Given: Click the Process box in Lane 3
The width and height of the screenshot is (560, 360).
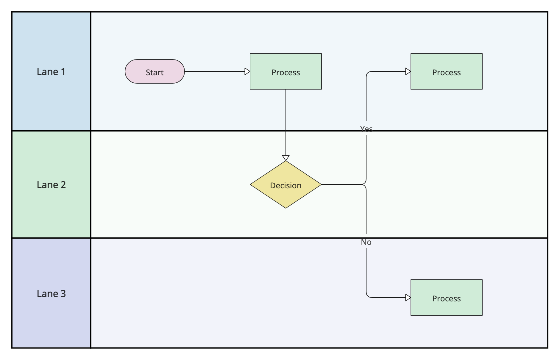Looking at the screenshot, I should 447,298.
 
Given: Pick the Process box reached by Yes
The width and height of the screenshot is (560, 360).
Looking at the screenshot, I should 447,71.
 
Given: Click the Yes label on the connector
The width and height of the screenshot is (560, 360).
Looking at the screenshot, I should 366,129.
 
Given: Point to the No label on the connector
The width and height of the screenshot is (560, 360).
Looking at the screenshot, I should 366,242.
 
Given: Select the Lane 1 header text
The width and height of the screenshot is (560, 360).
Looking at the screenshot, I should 51,72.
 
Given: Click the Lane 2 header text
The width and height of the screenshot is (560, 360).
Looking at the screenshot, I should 51,185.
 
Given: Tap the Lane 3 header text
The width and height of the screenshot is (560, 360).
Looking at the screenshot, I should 51,294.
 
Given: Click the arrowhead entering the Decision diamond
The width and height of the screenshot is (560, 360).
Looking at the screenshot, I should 286,158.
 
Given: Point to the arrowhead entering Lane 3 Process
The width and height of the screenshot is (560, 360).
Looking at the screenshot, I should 408,298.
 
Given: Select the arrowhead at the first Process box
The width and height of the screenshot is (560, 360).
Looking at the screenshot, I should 247,71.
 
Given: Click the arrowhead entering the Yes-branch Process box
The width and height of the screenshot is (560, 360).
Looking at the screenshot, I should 408,71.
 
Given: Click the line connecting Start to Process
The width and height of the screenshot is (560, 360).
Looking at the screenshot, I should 214,71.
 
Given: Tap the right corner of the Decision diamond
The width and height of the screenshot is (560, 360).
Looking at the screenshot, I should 321,184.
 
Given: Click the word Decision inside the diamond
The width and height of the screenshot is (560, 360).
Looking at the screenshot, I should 286,186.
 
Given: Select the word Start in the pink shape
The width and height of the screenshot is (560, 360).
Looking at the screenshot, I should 155,72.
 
